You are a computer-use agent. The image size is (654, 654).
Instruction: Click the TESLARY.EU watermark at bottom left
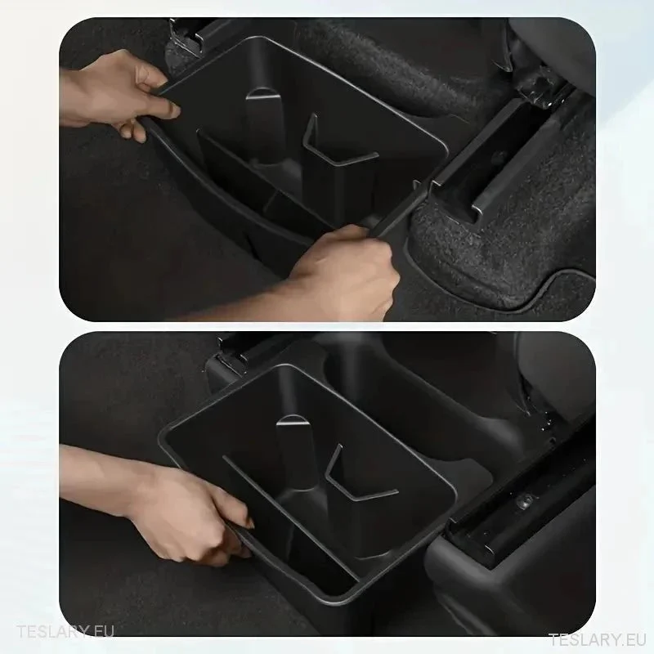65,631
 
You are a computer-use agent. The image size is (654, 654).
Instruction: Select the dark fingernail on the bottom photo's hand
249,524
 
